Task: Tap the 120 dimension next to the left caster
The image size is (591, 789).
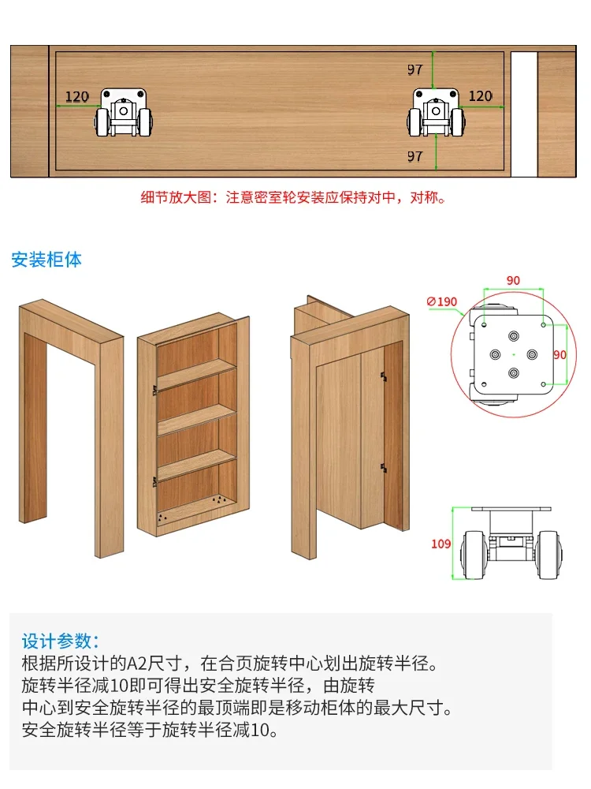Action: (x=76, y=97)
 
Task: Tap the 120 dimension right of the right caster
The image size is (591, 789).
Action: (x=480, y=96)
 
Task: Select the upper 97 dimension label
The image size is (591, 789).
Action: (x=415, y=70)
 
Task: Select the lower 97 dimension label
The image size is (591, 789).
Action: (x=415, y=156)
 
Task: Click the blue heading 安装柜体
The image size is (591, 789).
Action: (x=46, y=259)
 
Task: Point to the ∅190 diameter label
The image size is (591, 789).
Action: (x=441, y=301)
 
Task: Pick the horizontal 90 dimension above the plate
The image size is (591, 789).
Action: (x=513, y=281)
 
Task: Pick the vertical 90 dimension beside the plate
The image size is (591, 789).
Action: (x=559, y=355)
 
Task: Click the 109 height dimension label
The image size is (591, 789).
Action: (x=441, y=544)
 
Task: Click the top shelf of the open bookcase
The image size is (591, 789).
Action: (x=195, y=371)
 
